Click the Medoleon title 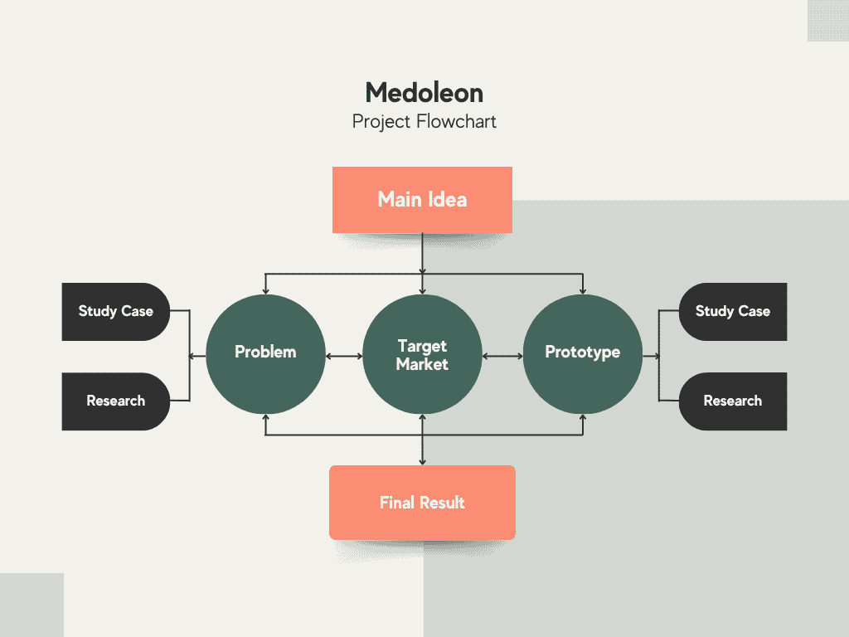[x=424, y=93]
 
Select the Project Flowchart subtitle [x=424, y=122]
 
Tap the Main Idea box [x=422, y=200]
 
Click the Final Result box [x=422, y=502]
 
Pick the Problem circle [x=265, y=354]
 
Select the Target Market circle [x=422, y=354]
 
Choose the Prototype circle [x=583, y=354]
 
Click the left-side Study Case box [x=116, y=312]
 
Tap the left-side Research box [x=116, y=401]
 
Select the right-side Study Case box [x=733, y=312]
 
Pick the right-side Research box [x=733, y=401]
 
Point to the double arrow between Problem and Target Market [x=344, y=357]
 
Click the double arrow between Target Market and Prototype [x=502, y=357]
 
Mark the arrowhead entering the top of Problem [x=265, y=291]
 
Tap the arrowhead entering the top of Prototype [x=583, y=291]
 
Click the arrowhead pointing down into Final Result [x=422, y=462]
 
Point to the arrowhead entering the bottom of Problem [x=265, y=418]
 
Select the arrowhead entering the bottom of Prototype [x=583, y=418]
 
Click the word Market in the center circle [x=422, y=364]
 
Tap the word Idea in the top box [x=447, y=200]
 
